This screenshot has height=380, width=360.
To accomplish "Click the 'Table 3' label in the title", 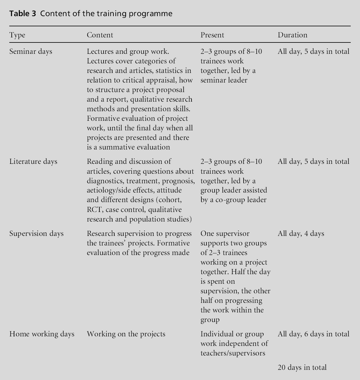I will [x=22, y=14].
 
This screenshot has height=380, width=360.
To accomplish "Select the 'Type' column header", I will [x=17, y=35].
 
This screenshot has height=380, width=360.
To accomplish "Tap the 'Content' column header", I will [x=100, y=35].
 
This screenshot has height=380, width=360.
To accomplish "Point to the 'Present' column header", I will [x=212, y=35].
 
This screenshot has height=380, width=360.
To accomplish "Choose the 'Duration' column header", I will [x=292, y=35].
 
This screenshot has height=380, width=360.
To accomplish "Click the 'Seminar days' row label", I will [x=31, y=52].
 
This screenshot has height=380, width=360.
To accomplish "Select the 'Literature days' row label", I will [x=33, y=162].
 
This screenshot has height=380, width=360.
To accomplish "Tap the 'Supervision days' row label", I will [x=37, y=234].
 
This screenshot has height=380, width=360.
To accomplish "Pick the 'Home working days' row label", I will [x=42, y=334].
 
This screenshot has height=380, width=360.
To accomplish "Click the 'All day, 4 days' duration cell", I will [x=301, y=234].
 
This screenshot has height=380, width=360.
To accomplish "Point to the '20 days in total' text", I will [x=302, y=367].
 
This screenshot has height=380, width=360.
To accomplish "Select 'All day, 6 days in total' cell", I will [x=313, y=334].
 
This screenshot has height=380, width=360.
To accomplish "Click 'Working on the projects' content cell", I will [x=126, y=334].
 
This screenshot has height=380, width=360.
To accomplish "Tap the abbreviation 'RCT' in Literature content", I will [x=95, y=210].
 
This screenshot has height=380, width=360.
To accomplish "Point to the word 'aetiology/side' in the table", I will [x=109, y=190].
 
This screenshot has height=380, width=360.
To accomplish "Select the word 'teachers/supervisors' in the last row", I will [x=233, y=353].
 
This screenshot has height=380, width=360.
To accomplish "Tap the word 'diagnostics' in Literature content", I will [x=105, y=181].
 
